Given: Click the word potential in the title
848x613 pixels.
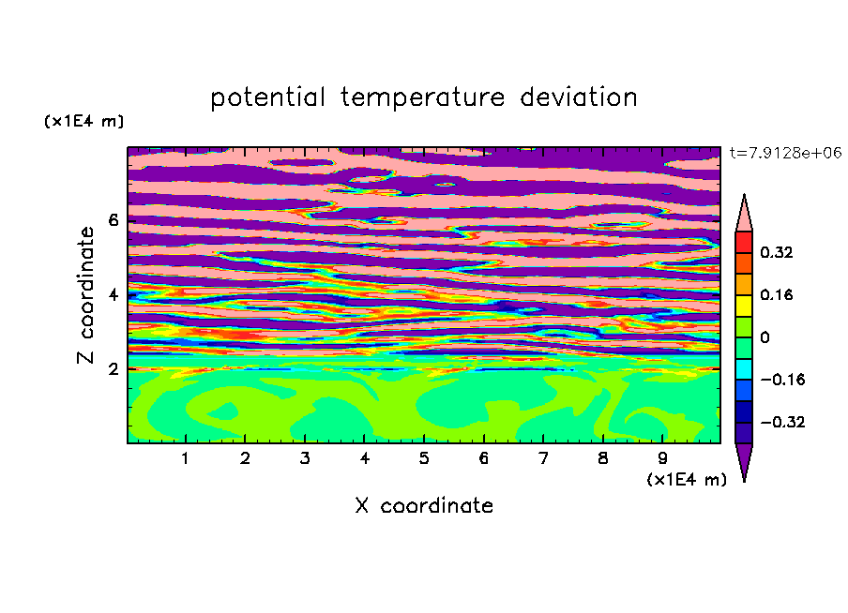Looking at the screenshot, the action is click(x=267, y=97).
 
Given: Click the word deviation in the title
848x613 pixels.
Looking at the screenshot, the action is click(x=579, y=97).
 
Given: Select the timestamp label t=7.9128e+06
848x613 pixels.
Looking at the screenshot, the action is click(x=785, y=153).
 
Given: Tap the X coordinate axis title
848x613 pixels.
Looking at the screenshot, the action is click(x=425, y=506).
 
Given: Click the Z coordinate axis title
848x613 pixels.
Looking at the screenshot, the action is click(x=86, y=295).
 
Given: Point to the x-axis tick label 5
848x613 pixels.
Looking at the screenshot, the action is click(x=424, y=459).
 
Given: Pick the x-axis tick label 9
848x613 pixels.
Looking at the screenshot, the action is click(x=662, y=459).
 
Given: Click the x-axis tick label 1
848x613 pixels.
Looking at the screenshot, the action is click(x=186, y=459).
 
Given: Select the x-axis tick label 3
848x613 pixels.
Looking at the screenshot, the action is click(x=305, y=459).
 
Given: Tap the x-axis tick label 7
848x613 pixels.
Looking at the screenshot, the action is click(x=543, y=459).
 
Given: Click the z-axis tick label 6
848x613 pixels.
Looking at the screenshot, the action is click(x=113, y=220).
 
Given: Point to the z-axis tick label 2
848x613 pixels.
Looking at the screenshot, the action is click(x=113, y=369).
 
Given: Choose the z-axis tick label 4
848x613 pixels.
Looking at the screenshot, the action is click(x=113, y=295).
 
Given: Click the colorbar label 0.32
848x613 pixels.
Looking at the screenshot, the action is click(x=777, y=252).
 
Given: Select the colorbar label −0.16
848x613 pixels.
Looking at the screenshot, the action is click(x=782, y=380).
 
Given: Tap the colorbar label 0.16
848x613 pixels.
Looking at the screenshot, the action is click(x=777, y=295).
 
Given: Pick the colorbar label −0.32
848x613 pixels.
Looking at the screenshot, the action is click(x=782, y=422).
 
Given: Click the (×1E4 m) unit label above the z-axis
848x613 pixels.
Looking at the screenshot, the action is click(x=83, y=121).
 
